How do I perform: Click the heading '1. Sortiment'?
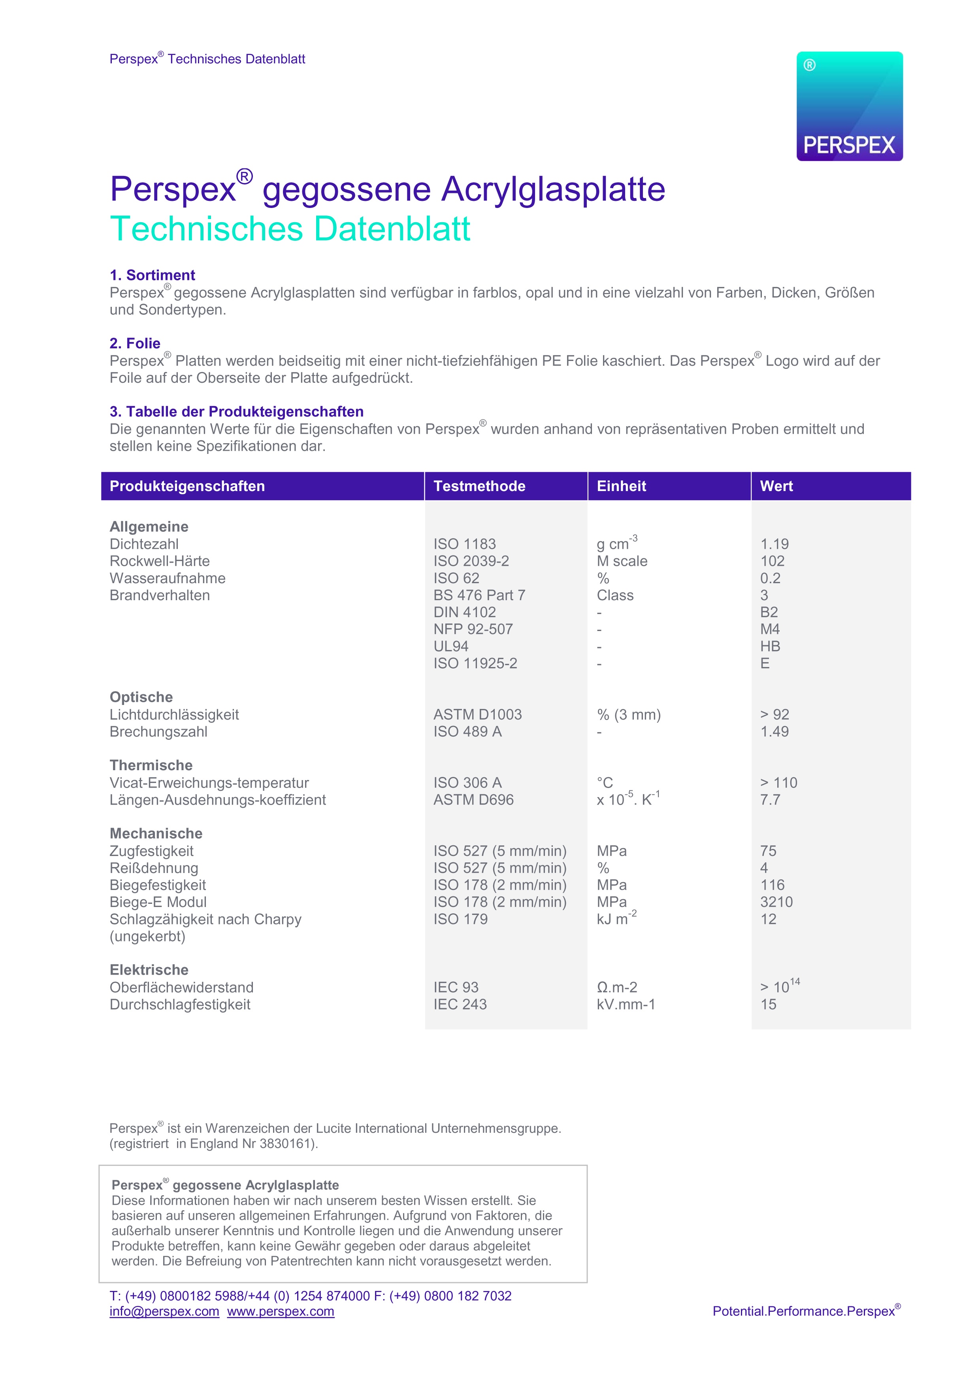[152, 276]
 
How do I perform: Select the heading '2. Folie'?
[135, 344]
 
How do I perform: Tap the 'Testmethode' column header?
[479, 486]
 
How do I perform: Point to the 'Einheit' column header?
[621, 486]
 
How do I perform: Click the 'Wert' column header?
[776, 486]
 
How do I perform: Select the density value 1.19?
[774, 544]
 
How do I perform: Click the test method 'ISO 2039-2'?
[471, 561]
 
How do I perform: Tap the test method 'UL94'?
[450, 646]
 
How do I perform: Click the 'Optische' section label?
[141, 697]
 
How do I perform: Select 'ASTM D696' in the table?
[473, 800]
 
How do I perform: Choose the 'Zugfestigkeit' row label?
[152, 851]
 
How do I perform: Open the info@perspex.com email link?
[164, 1311]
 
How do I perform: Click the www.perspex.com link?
[281, 1311]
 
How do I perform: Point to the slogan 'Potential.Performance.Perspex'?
[804, 1311]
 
